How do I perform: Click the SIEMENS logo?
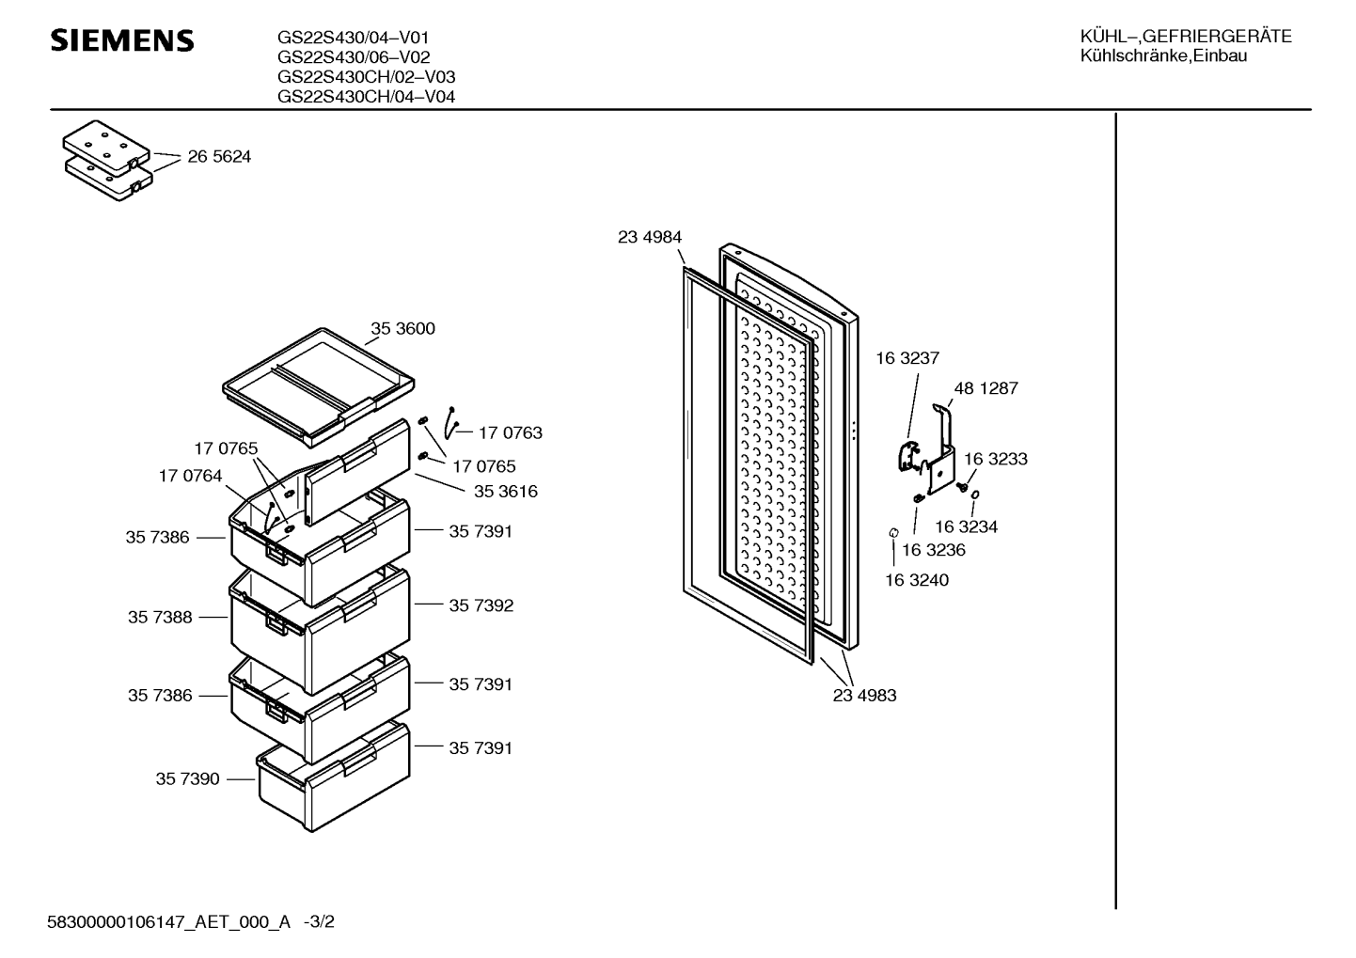click(122, 40)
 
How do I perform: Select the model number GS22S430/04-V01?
click(353, 38)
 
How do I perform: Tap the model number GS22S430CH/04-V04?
click(366, 96)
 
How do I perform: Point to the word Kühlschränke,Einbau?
click(1163, 56)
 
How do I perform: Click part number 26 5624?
click(219, 157)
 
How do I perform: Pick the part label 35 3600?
click(402, 329)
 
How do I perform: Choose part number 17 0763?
click(511, 432)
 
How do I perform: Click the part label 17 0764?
click(190, 477)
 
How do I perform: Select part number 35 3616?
click(506, 492)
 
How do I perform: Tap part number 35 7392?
click(481, 605)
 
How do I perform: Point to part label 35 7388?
click(160, 618)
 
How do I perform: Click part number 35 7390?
click(188, 778)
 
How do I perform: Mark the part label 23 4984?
click(650, 237)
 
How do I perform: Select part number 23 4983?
click(864, 696)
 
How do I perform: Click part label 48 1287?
click(986, 388)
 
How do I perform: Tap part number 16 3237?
click(907, 358)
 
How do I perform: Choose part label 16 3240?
click(917, 580)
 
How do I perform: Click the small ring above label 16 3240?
click(893, 532)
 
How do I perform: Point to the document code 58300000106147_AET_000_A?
click(169, 922)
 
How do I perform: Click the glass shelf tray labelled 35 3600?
click(319, 387)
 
